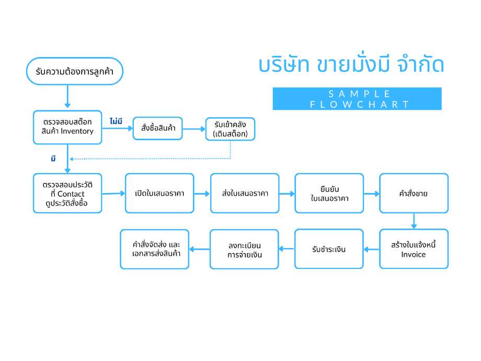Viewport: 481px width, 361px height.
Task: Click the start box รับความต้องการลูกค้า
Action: [75, 71]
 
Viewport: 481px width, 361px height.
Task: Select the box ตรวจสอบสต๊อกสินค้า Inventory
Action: [67, 127]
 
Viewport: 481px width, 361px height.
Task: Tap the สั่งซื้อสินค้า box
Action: [158, 128]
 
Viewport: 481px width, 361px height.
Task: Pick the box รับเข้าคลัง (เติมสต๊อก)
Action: [230, 129]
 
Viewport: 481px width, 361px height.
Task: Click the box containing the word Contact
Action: [67, 194]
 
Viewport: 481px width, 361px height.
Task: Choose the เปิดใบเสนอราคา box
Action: [159, 194]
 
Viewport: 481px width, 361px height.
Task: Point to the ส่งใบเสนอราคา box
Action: [245, 194]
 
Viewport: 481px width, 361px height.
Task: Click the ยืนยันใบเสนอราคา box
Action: [329, 194]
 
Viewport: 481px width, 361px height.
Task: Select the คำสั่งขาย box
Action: [414, 194]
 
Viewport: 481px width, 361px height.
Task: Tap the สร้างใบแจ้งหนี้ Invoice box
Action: [414, 249]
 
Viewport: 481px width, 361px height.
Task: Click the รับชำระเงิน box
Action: [329, 249]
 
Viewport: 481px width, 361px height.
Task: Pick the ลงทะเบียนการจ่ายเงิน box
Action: [244, 249]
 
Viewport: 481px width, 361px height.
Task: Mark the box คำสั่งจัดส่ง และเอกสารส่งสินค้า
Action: [155, 249]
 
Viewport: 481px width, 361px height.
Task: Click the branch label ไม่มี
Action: [116, 121]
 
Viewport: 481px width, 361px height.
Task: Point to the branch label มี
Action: [53, 159]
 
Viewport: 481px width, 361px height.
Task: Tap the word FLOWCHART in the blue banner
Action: [359, 104]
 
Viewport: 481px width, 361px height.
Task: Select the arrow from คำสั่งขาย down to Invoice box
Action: [414, 221]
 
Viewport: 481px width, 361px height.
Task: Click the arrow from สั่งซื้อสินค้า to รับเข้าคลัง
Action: [194, 129]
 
